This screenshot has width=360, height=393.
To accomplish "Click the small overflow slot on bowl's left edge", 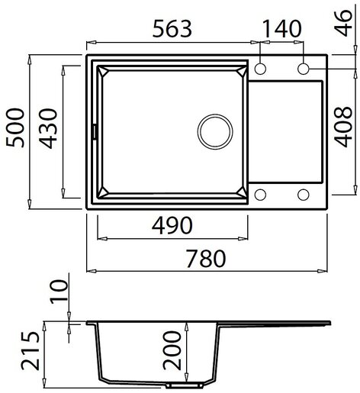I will [x=95, y=131].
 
